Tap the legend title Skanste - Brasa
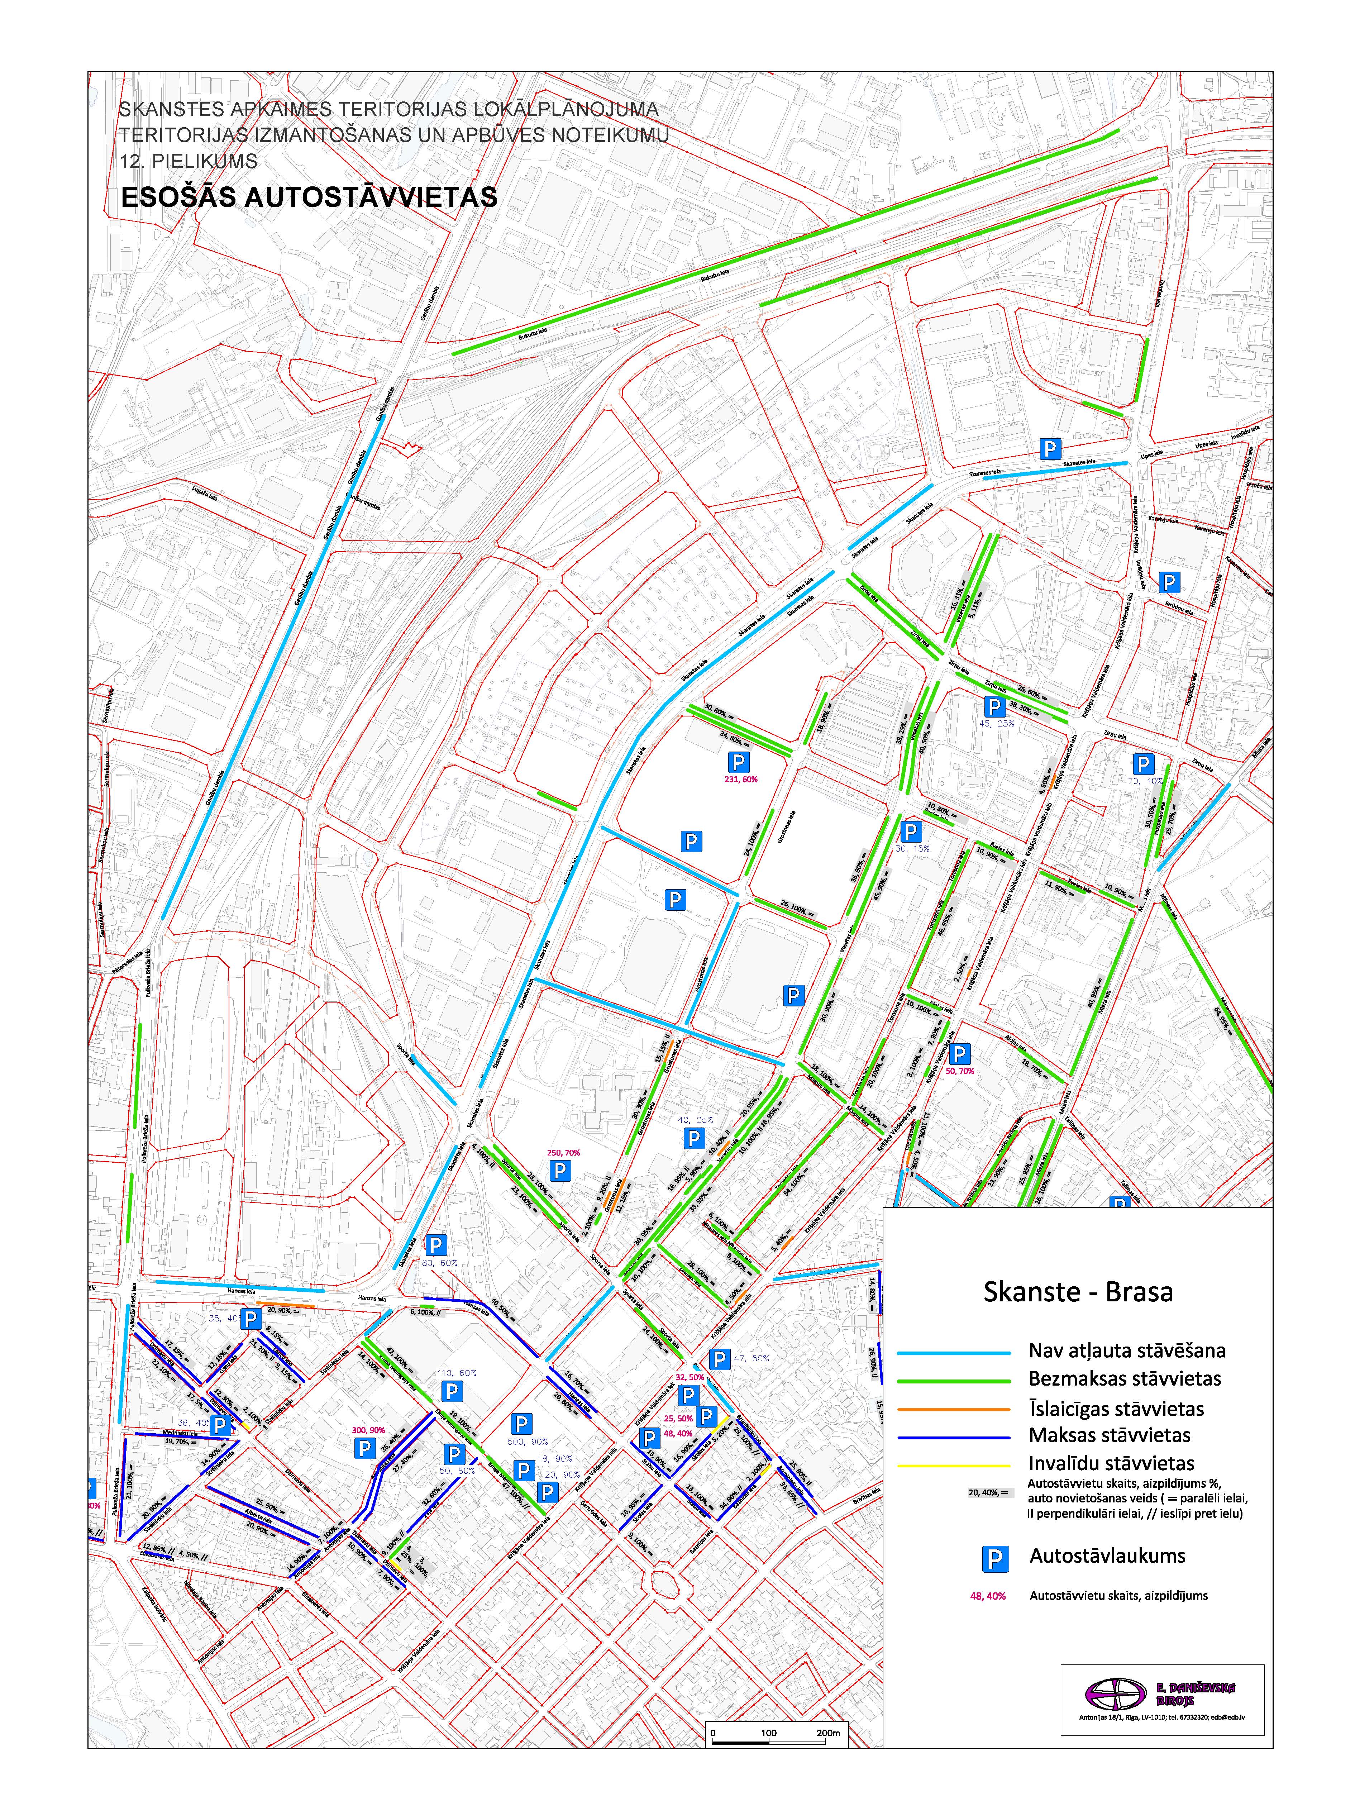1078,1292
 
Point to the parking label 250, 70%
563,1153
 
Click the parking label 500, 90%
527,1442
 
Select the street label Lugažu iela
205,493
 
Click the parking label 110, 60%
456,1373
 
